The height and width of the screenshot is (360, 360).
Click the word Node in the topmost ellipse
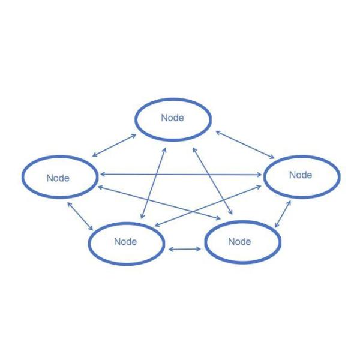click(172, 118)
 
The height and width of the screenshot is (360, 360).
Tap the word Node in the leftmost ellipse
click(58, 178)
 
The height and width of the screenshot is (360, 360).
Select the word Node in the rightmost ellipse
click(301, 175)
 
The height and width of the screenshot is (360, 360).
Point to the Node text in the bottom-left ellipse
click(125, 242)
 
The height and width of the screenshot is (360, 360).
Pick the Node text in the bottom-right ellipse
click(239, 242)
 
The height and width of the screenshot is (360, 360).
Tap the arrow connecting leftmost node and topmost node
click(113, 145)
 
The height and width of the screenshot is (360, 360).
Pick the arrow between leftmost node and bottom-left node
click(80, 217)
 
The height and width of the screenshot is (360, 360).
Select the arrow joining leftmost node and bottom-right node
click(162, 202)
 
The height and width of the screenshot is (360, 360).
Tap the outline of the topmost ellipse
click(172, 100)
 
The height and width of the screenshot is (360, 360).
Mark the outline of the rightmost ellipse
click(340, 176)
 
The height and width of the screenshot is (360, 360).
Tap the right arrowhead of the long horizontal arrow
click(260, 175)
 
